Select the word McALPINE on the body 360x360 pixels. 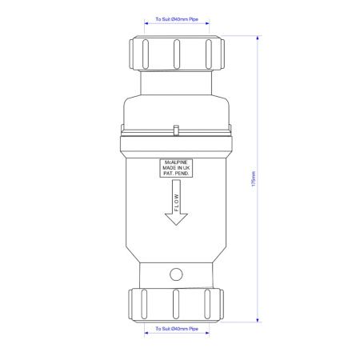174,163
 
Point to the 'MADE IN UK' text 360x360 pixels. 174,169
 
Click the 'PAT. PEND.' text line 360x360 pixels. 174,174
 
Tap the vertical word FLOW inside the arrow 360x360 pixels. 175,197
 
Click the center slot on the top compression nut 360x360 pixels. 175,54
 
